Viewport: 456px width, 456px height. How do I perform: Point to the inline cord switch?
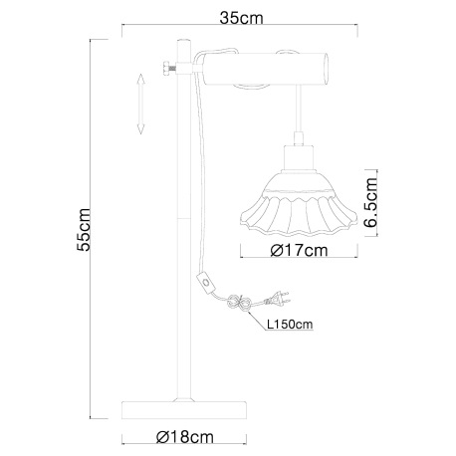point(207,282)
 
